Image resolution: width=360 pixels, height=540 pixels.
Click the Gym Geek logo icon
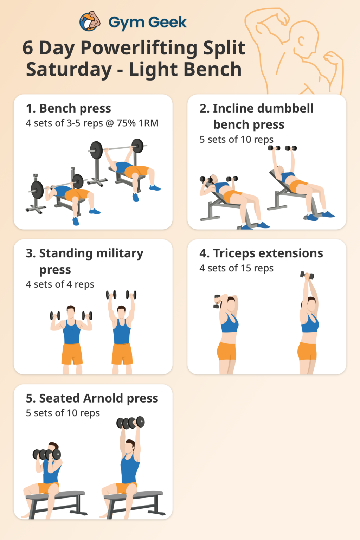(90, 21)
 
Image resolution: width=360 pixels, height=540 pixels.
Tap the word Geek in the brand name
(167, 22)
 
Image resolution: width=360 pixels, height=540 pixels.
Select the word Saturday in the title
(69, 69)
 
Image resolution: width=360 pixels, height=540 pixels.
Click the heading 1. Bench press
(69, 108)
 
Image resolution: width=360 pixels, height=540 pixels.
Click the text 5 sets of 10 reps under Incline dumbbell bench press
(236, 139)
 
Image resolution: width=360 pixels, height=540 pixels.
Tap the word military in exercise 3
(120, 254)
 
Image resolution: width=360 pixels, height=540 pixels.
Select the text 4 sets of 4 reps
(60, 284)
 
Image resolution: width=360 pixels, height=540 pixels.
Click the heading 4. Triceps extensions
(261, 253)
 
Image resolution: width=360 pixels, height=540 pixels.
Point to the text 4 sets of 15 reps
(236, 268)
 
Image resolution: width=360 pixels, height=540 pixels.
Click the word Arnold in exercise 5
(103, 398)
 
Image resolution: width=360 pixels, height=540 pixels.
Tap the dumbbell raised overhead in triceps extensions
(307, 275)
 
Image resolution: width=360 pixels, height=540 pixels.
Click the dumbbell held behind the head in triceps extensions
(217, 301)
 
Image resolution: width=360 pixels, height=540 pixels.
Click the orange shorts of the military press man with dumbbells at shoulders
(72, 354)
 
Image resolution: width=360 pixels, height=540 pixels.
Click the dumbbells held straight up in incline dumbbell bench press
(282, 148)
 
